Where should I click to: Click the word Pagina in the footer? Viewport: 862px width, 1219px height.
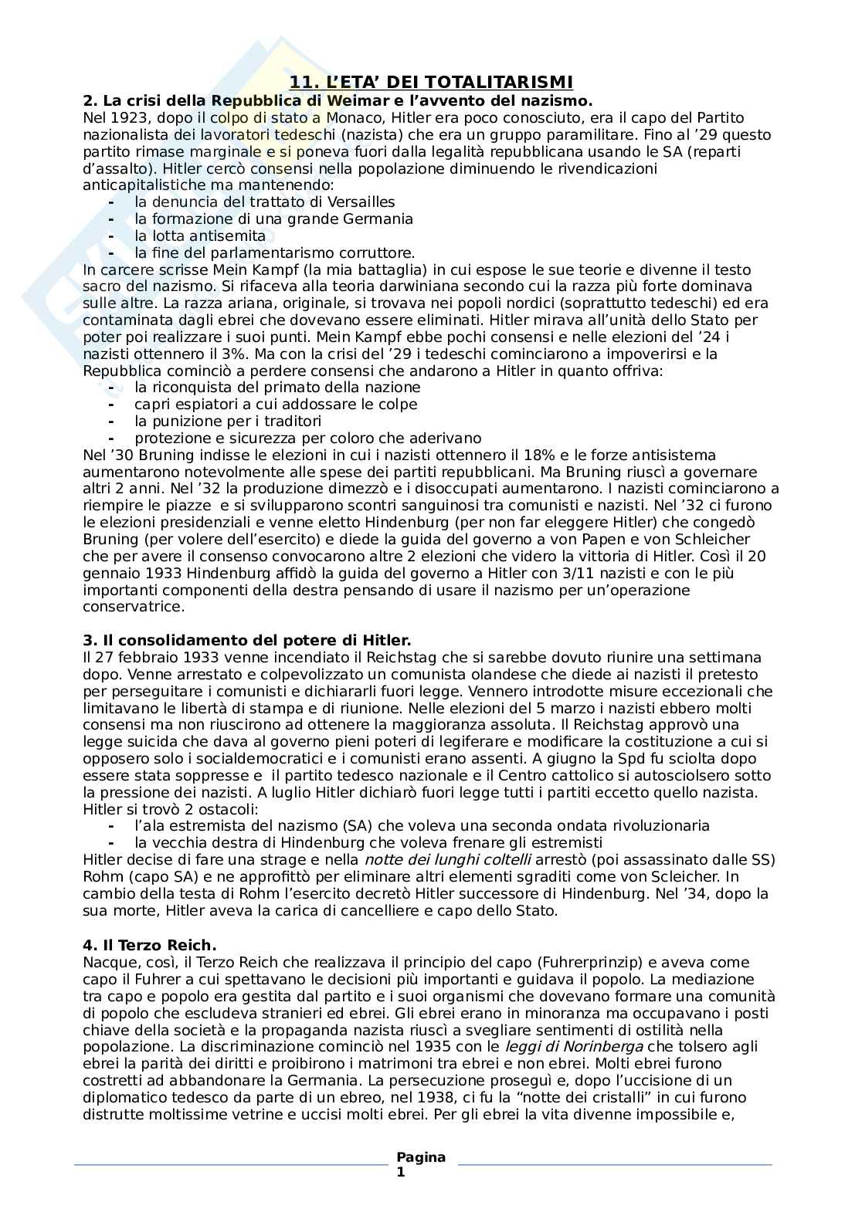point(421,1156)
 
